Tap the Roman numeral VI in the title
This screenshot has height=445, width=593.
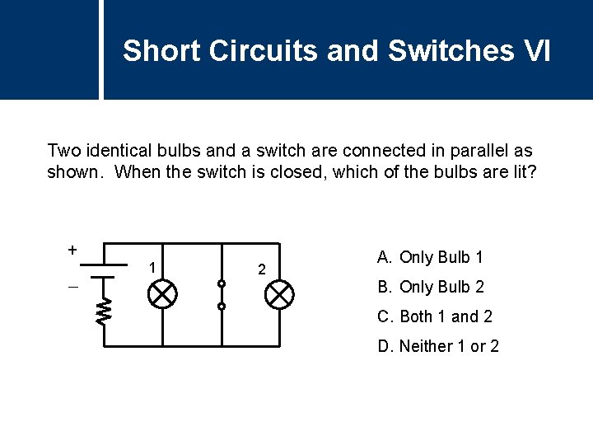[536, 51]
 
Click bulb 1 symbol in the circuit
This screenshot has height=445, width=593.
[161, 294]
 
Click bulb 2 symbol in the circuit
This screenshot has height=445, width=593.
[281, 294]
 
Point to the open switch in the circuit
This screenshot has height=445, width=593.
[221, 294]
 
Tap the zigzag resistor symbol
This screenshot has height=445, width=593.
[103, 311]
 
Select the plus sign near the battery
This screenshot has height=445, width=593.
[72, 249]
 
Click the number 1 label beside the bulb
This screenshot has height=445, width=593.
[151, 267]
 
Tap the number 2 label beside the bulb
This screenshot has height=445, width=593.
[261, 269]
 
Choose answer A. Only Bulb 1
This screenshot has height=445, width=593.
[430, 257]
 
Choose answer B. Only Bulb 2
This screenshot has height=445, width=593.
[431, 287]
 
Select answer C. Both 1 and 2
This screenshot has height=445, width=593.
[434, 316]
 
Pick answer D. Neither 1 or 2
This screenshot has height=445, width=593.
[438, 346]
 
